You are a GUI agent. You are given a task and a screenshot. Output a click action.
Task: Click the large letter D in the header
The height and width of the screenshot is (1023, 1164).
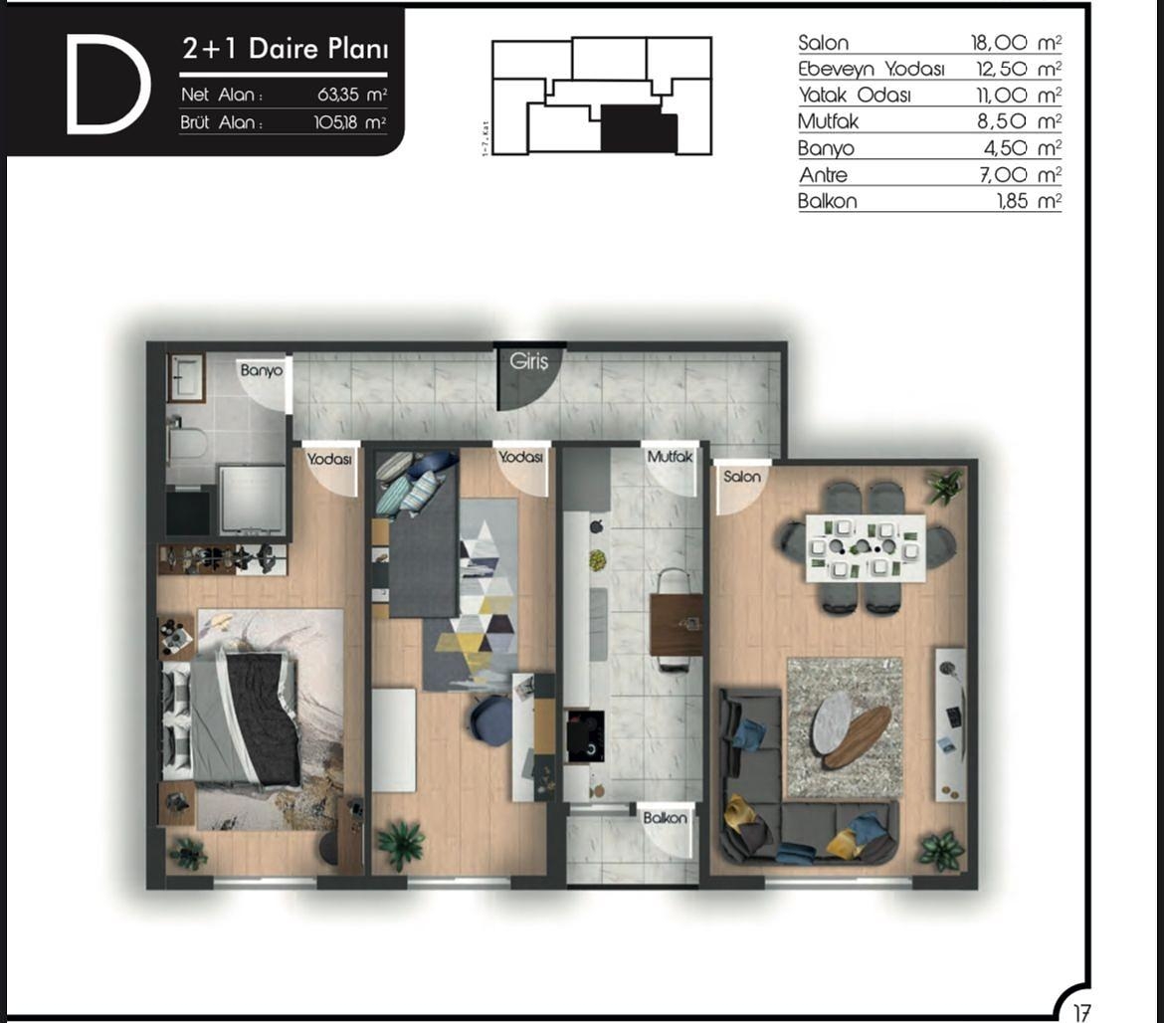point(107,84)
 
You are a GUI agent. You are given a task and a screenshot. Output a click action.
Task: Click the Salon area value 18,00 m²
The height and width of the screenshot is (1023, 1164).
point(1016,43)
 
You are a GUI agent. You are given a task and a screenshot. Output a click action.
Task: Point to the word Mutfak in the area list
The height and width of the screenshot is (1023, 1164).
point(828,121)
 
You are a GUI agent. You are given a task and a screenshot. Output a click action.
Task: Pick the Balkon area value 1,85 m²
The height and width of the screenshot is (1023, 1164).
point(1029,201)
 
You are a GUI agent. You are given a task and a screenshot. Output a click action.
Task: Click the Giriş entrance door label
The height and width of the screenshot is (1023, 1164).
point(529,361)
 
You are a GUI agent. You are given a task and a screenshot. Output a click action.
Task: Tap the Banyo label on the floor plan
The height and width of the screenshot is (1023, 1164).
point(261,370)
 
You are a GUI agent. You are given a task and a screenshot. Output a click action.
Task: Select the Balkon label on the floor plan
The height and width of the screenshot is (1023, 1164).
point(665,818)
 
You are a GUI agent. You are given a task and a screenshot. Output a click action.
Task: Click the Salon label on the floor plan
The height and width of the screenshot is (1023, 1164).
point(742,477)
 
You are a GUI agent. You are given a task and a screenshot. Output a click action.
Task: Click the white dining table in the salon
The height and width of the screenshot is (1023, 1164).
point(866,547)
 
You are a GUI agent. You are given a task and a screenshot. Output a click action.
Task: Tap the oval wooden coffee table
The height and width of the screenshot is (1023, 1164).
point(858,736)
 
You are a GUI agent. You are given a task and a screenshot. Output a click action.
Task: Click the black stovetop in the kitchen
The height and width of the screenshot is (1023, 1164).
point(584,736)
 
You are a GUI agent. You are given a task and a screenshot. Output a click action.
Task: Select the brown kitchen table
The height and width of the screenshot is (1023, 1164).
point(677,625)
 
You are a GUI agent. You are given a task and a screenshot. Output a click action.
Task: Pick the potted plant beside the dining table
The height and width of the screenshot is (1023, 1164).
point(942,487)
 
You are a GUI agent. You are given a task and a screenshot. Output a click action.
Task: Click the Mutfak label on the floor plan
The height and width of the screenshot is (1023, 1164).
point(669,458)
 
